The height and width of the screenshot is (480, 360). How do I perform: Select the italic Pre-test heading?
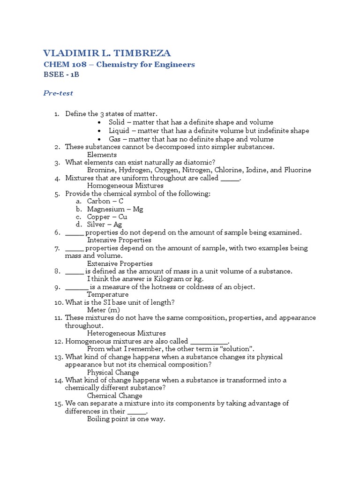[58, 93]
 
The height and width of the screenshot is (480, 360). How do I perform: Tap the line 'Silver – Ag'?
[105, 225]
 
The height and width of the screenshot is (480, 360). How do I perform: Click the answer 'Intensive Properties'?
[119, 240]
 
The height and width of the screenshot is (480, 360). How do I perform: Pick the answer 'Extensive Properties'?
[120, 263]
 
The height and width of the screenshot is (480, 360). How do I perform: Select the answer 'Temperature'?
[108, 294]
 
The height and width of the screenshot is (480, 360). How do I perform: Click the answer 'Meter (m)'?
[104, 310]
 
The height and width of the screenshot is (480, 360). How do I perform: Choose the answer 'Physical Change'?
[113, 372]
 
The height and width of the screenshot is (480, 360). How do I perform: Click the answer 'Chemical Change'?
[114, 396]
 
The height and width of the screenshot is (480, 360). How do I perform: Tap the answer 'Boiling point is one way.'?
[126, 419]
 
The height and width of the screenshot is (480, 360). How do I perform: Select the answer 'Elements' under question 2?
[102, 155]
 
